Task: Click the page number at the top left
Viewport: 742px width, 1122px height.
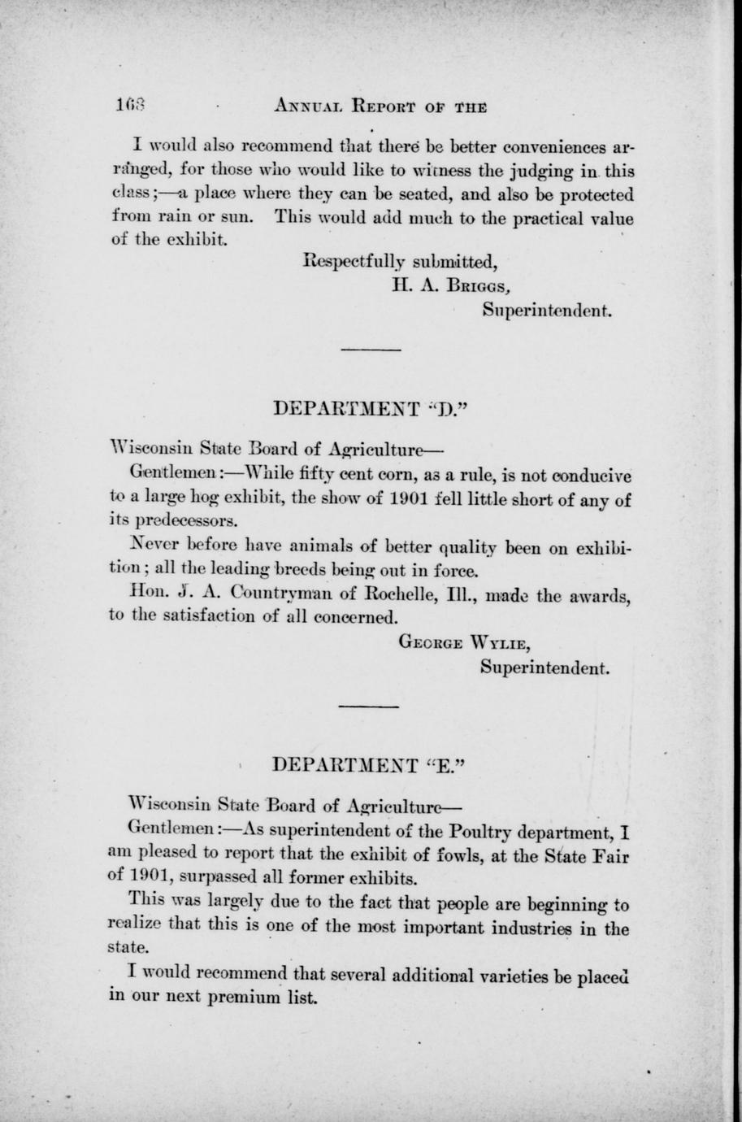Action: click(129, 106)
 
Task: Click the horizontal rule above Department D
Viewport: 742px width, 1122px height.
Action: click(371, 350)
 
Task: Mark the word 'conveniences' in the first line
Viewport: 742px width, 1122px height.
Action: click(555, 148)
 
